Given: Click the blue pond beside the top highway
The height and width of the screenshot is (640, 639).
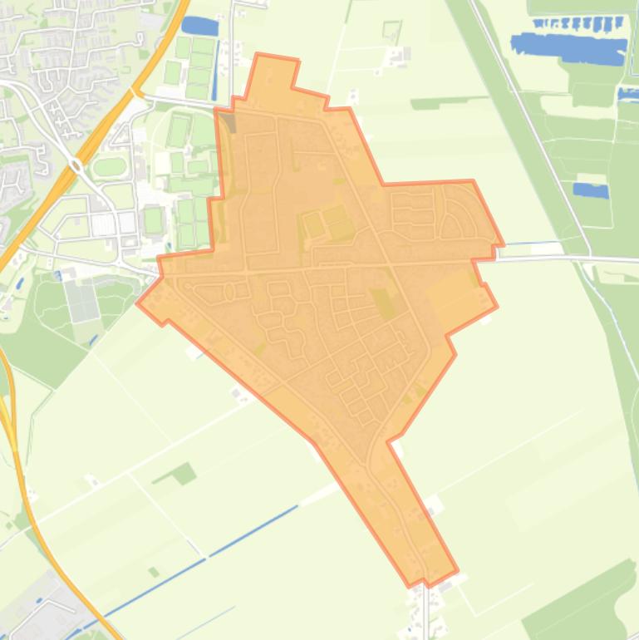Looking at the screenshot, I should point(199,26).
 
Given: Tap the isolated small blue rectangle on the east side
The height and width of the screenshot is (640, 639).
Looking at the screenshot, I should point(591,190).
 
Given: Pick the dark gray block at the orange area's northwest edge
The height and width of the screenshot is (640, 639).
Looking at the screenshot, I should point(227,123).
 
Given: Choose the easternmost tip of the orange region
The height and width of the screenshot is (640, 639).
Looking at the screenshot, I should point(502,244).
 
